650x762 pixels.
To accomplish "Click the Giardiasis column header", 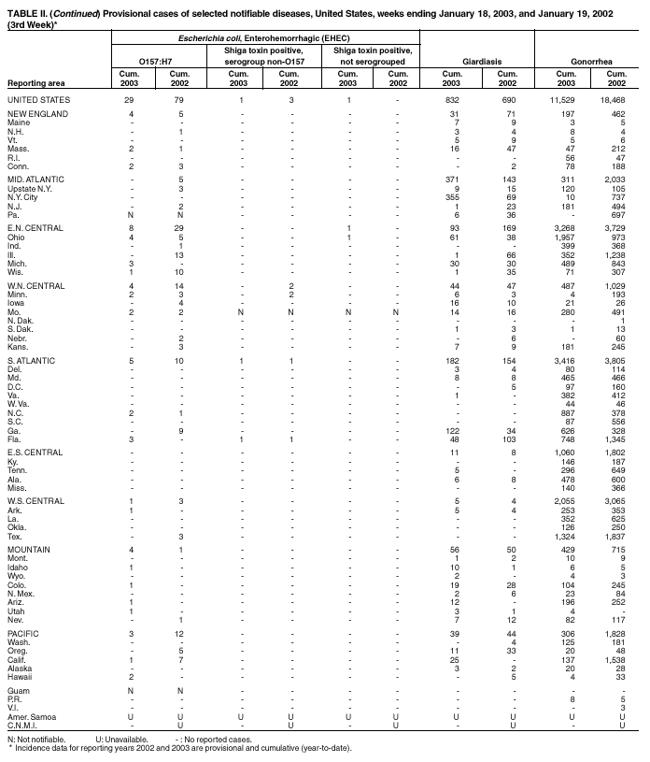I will point(478,64).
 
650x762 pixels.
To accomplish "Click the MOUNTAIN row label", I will point(32,550).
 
